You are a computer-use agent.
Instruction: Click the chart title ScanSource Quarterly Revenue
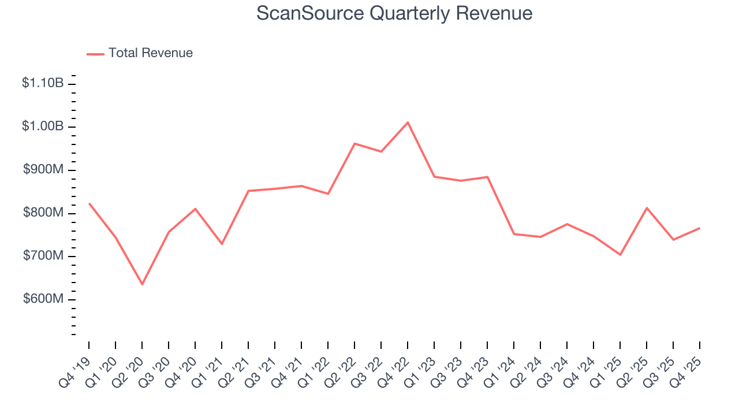click(394, 13)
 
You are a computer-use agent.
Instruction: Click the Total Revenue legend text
click(150, 53)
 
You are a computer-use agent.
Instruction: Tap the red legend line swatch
click(95, 54)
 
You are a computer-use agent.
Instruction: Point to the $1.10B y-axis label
click(43, 83)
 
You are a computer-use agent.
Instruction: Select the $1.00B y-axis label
click(43, 127)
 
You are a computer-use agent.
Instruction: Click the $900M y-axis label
click(43, 170)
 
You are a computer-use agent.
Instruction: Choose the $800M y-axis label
click(43, 213)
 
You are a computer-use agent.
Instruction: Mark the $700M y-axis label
click(43, 256)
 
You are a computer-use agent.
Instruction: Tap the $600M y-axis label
click(43, 299)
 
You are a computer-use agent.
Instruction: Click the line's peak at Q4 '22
click(408, 122)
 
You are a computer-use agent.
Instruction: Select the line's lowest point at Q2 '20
click(142, 284)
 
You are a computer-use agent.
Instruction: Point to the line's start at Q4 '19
click(89, 203)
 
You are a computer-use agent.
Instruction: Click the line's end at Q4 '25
click(700, 228)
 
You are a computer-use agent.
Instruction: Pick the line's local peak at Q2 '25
click(647, 208)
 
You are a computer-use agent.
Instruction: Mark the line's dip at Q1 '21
click(222, 244)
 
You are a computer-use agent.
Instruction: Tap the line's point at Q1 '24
click(514, 234)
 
